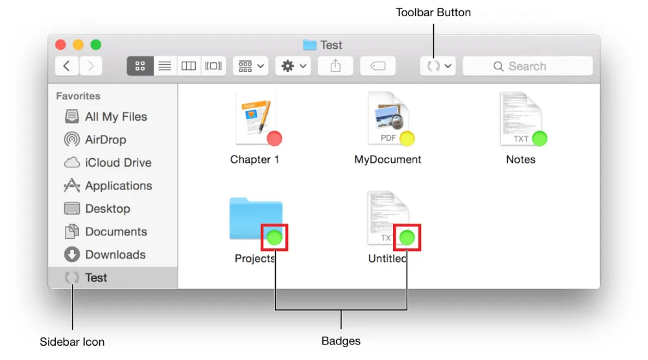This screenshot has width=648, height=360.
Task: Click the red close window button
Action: click(x=61, y=45)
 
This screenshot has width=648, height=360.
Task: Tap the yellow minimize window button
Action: click(x=78, y=45)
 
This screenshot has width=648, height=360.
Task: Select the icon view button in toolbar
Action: click(x=140, y=66)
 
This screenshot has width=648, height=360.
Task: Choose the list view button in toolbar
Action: click(x=165, y=66)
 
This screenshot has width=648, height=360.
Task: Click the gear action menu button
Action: click(x=293, y=66)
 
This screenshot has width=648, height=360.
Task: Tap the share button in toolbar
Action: click(x=335, y=66)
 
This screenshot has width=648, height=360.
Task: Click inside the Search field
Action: click(x=527, y=66)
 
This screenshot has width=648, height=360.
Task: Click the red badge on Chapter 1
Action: click(x=274, y=138)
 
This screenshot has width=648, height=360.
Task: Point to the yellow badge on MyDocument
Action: click(x=407, y=138)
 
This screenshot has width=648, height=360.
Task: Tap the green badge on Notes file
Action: click(x=540, y=138)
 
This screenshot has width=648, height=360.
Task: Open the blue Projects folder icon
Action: click(x=252, y=217)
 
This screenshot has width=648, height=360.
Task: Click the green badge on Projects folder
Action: click(x=274, y=237)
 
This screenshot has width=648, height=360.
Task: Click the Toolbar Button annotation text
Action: click(x=433, y=12)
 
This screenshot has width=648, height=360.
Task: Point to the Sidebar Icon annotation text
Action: click(x=72, y=342)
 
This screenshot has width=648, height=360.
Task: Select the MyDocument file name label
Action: click(x=388, y=160)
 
